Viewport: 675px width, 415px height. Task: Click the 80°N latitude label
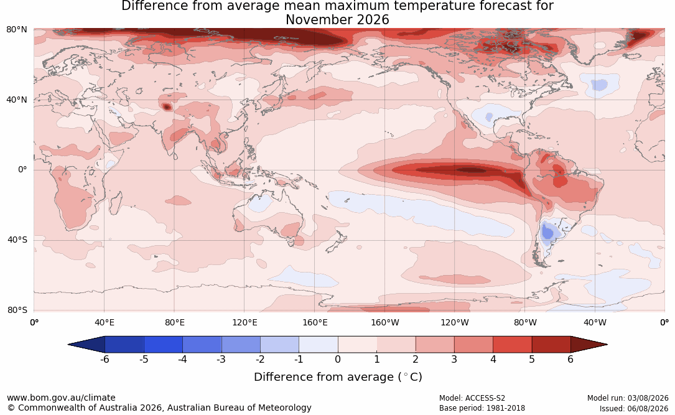pos(16,30)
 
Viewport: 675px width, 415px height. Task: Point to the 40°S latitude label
pos(17,240)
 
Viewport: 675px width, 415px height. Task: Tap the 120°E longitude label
pos(244,322)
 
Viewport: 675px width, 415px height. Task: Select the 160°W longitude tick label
pos(385,322)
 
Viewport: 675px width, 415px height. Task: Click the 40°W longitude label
pos(595,322)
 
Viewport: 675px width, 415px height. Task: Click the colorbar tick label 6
pos(570,359)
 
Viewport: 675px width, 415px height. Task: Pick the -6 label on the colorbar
pos(105,359)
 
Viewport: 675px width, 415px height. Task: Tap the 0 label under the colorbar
pos(338,359)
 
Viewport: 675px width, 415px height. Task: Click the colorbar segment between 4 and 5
pos(512,345)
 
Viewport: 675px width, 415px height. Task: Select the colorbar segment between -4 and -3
pos(202,345)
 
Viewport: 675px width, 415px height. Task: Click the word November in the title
pos(319,20)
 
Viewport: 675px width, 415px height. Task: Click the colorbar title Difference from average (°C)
pos(338,376)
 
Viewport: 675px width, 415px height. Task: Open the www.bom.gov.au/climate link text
pos(61,398)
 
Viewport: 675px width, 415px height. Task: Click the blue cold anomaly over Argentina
pos(547,233)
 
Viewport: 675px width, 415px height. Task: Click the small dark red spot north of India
pos(167,107)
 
